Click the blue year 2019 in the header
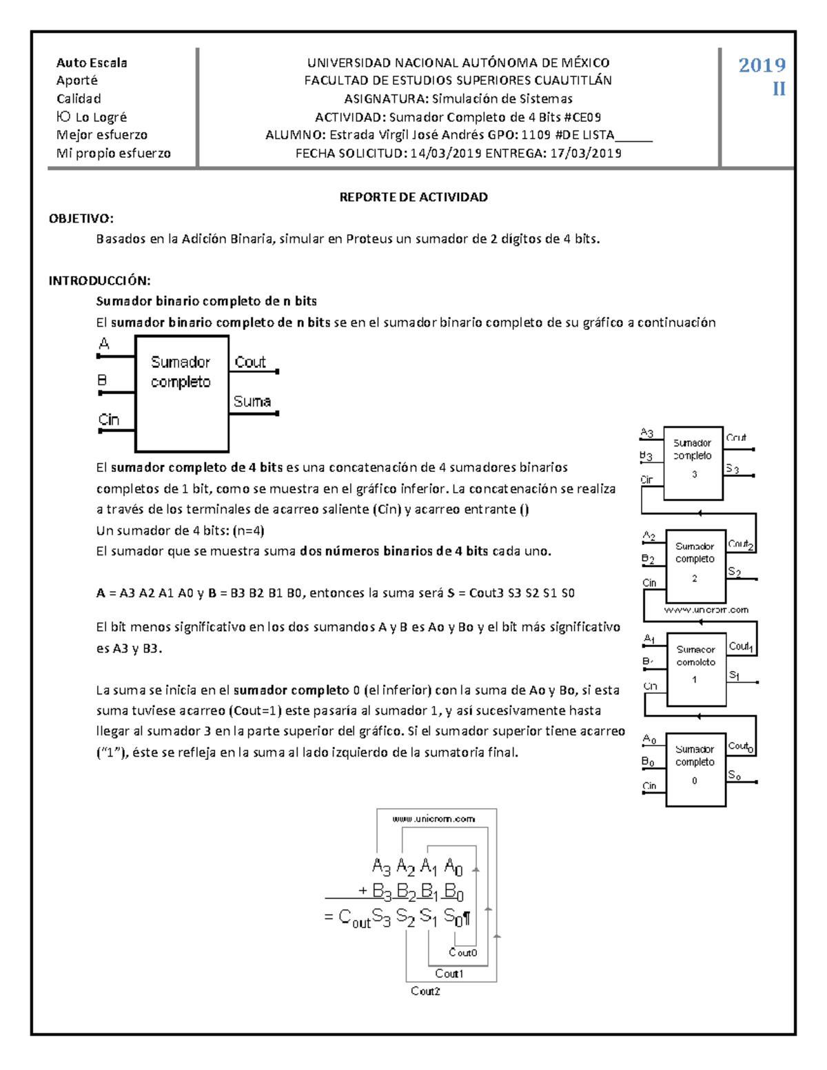(x=762, y=65)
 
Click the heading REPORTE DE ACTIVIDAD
(x=413, y=197)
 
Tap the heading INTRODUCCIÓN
(x=99, y=280)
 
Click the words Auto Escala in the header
(x=92, y=63)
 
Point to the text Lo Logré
(x=101, y=117)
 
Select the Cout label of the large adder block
(x=249, y=362)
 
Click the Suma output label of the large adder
(x=252, y=401)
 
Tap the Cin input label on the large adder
(x=108, y=420)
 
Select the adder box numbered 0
(x=695, y=769)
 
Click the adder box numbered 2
(x=695, y=566)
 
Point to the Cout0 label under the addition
(x=462, y=953)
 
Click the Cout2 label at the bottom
(x=425, y=991)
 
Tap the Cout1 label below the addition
(x=449, y=974)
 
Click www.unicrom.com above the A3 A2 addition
(x=433, y=819)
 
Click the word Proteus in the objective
(x=369, y=239)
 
